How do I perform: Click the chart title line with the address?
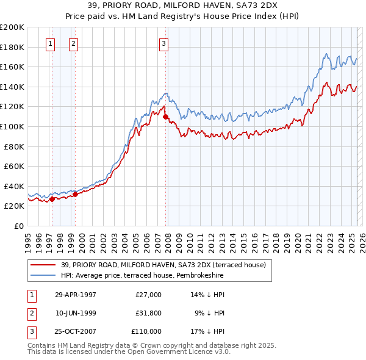183,5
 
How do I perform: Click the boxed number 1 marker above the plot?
49,43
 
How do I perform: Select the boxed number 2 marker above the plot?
73,43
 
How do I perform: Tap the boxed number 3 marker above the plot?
164,43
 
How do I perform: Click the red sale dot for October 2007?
165,116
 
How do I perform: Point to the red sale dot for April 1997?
52,198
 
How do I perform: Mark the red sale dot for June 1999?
75,194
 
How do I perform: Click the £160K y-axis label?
12,67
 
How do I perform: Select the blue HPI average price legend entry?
142,276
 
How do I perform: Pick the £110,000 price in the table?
146,331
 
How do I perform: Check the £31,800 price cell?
148,313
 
